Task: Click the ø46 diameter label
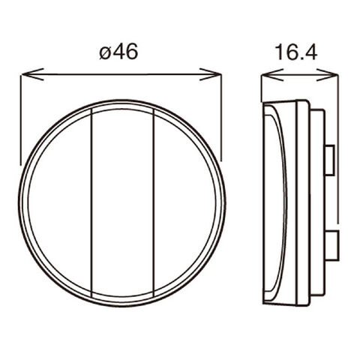coord(118,52)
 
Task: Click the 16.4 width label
coord(296,52)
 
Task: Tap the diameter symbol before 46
coord(105,53)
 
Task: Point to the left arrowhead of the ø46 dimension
coord(32,74)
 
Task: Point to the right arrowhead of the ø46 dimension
coord(211,74)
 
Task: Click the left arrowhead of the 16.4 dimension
coord(272,75)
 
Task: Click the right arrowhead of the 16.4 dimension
coord(327,75)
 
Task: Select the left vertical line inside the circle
coord(91,203)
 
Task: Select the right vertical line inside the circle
coord(154,203)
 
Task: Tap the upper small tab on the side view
coord(330,160)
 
